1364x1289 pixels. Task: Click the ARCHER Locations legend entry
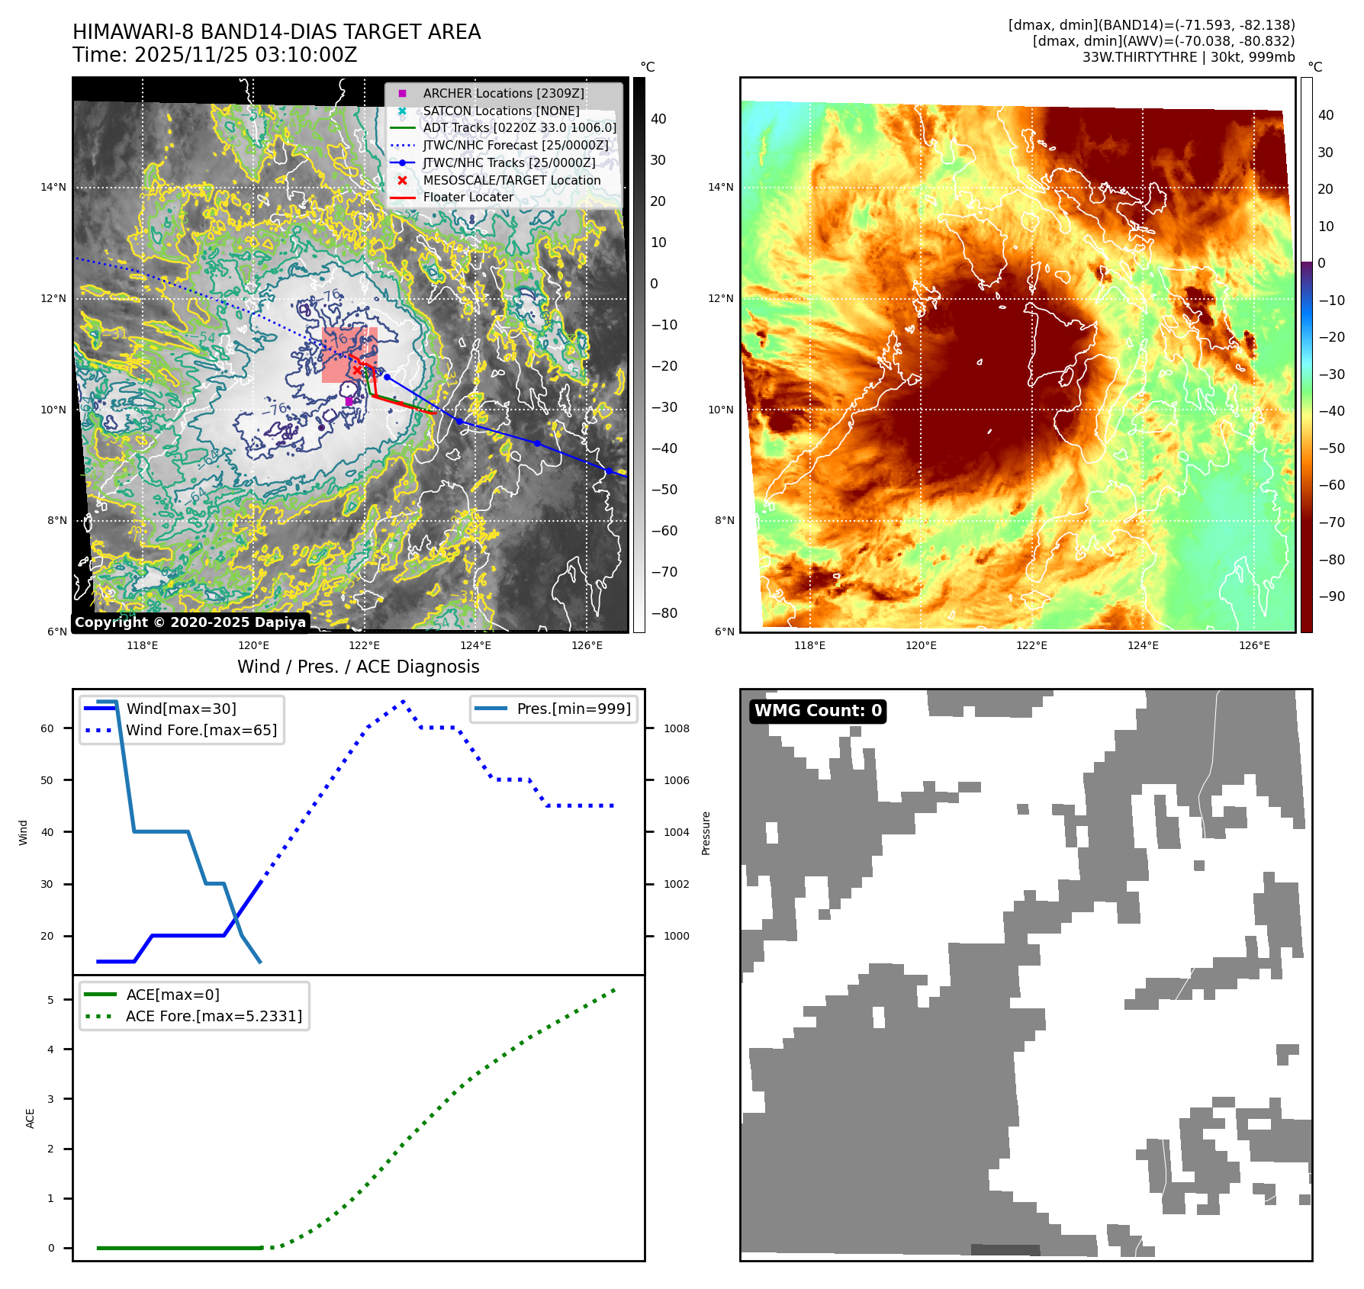503,93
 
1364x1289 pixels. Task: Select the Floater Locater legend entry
468,197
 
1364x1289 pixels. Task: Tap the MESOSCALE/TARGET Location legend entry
511,180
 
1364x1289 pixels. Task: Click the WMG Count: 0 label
818,711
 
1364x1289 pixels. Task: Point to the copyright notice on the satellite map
190,622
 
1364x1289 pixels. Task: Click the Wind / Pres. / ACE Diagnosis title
359,667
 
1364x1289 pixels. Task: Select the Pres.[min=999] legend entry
573,709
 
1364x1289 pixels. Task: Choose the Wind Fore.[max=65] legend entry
201,730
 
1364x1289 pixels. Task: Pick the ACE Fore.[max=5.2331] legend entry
214,1016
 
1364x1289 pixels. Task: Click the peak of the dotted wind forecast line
403,701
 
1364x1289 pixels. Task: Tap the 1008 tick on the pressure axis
676,728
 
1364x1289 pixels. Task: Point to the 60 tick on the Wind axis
47,728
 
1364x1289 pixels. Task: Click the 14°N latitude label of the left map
53,187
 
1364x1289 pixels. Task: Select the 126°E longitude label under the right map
1254,645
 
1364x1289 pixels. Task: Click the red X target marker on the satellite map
357,371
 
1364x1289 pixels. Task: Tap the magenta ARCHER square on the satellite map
349,401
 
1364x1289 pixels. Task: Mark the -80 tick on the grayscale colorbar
664,613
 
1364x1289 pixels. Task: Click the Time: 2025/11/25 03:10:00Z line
214,55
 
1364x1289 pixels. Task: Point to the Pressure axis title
706,833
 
